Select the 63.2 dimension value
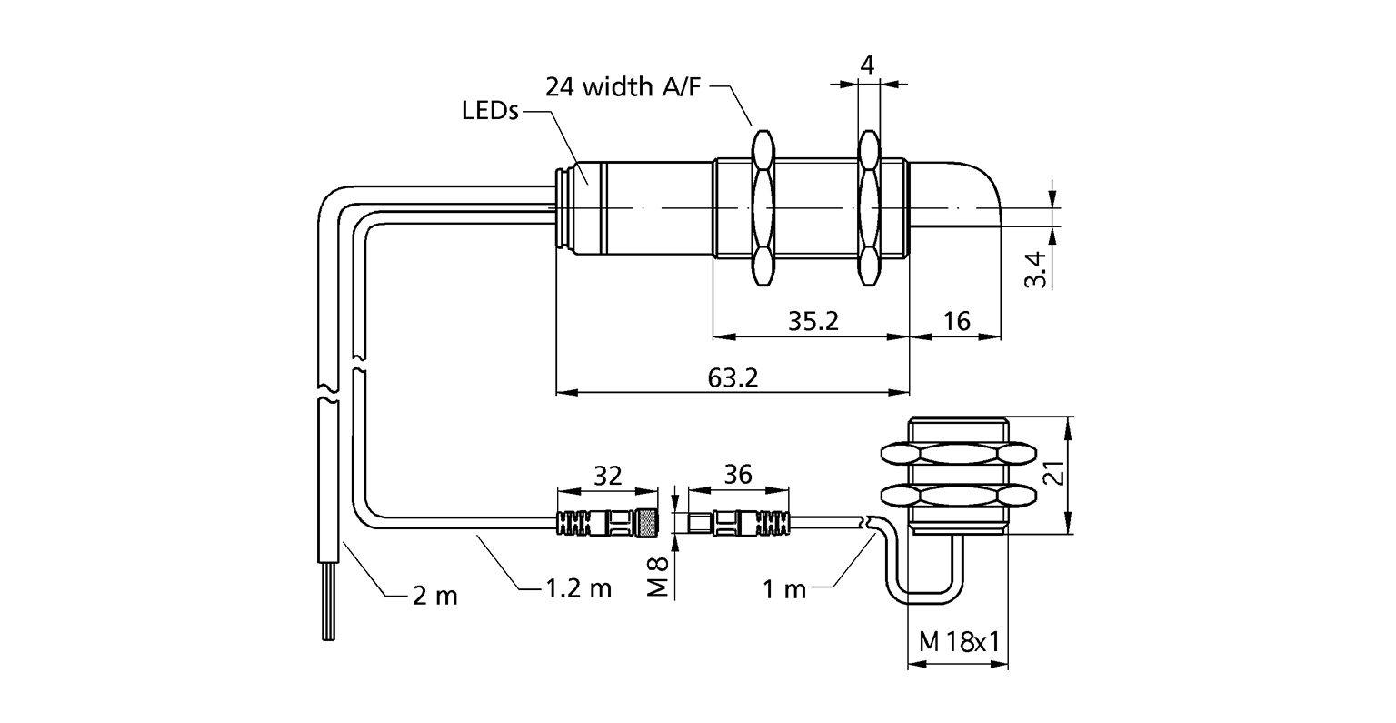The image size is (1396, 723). tap(732, 377)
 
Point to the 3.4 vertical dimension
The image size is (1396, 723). tap(1036, 269)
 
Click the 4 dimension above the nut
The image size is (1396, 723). tap(867, 65)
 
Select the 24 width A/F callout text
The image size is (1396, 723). tap(624, 87)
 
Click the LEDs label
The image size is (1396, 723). tap(489, 112)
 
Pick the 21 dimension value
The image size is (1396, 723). tap(1052, 475)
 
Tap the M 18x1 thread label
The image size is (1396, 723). tap(959, 642)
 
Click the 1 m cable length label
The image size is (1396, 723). tap(784, 589)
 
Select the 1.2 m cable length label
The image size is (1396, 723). tap(578, 587)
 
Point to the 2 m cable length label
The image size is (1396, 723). tap(434, 596)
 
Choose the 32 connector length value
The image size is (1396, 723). tap(607, 475)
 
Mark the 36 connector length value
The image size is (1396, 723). tap(738, 475)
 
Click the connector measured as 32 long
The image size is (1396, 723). tap(606, 523)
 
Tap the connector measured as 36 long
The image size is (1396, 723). tap(740, 523)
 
